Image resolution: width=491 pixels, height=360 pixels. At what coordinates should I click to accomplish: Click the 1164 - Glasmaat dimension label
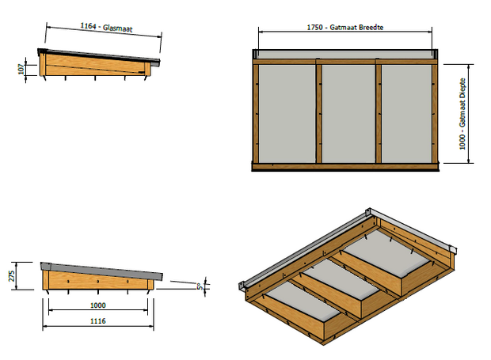[x=106, y=28]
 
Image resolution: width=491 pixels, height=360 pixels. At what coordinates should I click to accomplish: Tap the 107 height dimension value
[x=21, y=70]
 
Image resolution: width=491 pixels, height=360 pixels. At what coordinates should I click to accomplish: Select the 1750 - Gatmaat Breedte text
[x=345, y=27]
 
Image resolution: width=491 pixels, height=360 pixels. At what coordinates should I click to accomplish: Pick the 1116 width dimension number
[x=97, y=321]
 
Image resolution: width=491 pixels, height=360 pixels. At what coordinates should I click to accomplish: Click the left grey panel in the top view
[x=287, y=113]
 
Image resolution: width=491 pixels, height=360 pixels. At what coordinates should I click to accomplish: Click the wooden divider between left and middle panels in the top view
[x=318, y=113]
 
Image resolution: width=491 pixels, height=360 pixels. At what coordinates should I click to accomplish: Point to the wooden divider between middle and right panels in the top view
[x=378, y=113]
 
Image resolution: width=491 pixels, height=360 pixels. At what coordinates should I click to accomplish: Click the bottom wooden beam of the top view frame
[x=345, y=166]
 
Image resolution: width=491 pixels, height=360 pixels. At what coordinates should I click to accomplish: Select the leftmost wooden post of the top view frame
[x=256, y=113]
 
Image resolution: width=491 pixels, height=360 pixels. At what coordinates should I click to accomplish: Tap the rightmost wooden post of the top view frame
[x=435, y=113]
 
